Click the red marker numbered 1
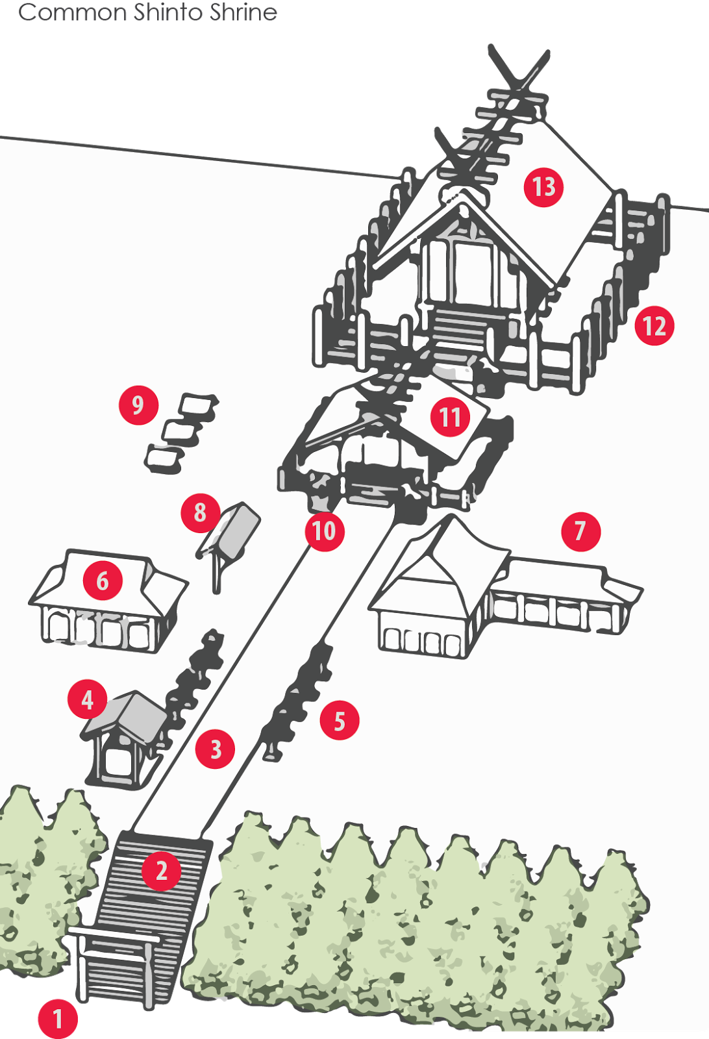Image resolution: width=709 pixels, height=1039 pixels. pos(58,1019)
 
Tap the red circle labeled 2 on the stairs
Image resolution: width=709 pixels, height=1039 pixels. pos(162,870)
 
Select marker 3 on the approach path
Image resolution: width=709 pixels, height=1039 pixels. pos(216,749)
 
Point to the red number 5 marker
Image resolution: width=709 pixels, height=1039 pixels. pos(340,720)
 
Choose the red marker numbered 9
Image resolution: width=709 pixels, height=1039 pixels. pos(138,405)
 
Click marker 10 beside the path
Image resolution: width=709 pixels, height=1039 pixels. pos(324,531)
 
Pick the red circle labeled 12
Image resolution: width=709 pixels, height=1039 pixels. pos(654,326)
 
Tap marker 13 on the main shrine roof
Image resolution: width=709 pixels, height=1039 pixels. pos(543,187)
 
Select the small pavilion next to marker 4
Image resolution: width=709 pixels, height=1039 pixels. pos(123,737)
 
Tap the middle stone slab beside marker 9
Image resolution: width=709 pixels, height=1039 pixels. pos(180,432)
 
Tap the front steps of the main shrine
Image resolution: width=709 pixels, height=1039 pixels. pos(458,328)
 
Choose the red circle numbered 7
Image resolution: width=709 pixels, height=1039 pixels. pos(580,531)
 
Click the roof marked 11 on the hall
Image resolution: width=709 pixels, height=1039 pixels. pos(451,417)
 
